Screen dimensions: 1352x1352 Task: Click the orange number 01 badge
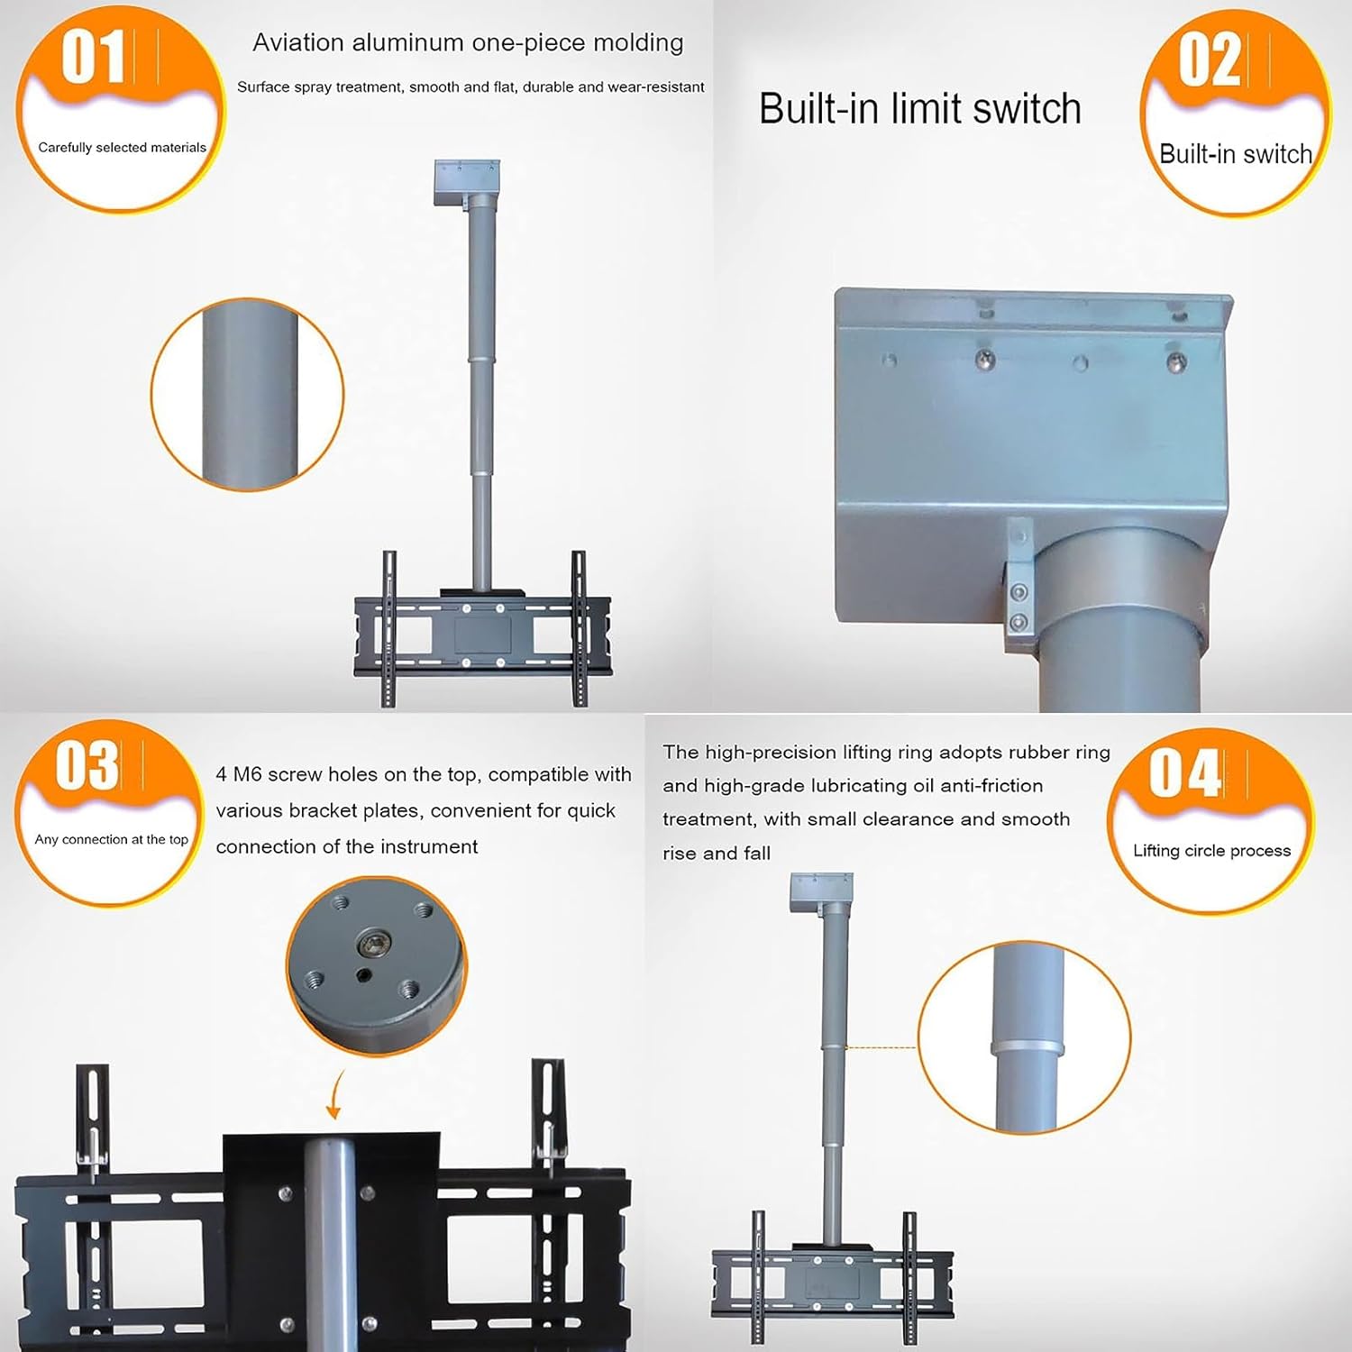(x=121, y=108)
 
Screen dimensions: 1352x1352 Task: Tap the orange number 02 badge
(x=1235, y=113)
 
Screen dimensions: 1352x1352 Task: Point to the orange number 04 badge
(x=1210, y=820)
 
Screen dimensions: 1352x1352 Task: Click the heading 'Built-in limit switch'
(x=919, y=109)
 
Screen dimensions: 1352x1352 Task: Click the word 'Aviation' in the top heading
(x=297, y=42)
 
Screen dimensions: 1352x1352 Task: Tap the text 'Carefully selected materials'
(x=122, y=147)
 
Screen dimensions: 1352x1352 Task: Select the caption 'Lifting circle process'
(x=1211, y=851)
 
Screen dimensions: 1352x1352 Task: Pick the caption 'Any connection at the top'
(x=111, y=839)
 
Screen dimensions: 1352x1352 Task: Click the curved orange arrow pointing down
(x=334, y=1094)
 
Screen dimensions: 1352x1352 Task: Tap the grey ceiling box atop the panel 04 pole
(x=821, y=894)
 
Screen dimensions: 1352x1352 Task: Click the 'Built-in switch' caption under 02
(x=1235, y=154)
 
